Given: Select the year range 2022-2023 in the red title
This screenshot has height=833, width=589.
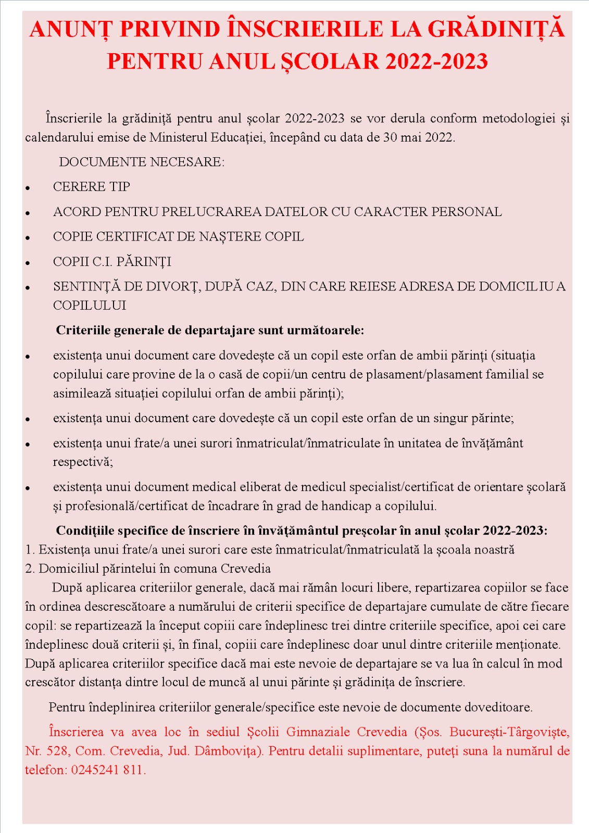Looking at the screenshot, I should coord(436,61).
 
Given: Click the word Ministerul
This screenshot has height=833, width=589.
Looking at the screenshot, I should coord(178,137).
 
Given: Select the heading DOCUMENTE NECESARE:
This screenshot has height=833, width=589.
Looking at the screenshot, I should coord(142,162).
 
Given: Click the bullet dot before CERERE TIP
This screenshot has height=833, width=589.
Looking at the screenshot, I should coord(28,188).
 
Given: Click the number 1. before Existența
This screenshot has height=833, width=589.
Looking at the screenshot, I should coord(30,550).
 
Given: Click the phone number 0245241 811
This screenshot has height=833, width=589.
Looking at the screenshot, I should coord(107,770).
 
